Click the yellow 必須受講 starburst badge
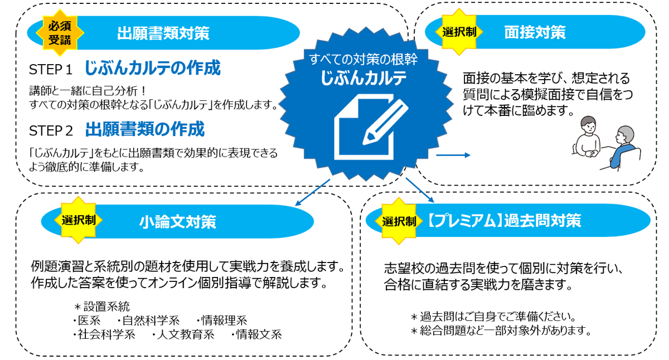tap(60, 32)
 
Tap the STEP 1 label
tap(51, 70)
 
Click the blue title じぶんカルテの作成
tap(152, 68)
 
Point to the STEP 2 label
tap(51, 131)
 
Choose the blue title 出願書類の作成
tap(145, 130)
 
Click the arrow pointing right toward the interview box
tap(453, 155)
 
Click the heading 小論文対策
tap(177, 222)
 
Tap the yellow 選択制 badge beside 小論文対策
tap(79, 220)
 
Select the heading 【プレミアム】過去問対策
tap(505, 221)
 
